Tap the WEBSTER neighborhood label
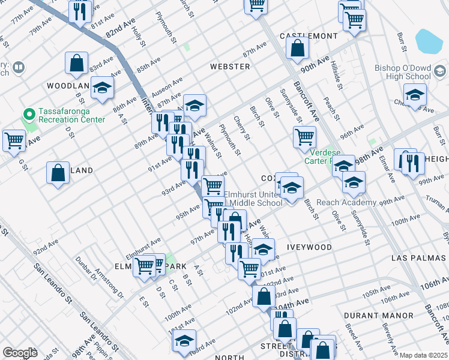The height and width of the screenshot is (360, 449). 230,67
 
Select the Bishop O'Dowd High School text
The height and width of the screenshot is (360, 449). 402,72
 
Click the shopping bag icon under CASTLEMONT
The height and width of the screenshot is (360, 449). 297,47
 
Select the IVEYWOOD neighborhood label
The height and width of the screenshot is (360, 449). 309,247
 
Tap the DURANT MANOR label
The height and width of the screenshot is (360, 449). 379,315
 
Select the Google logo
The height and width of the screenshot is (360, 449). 20,353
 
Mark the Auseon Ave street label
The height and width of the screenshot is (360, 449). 169,85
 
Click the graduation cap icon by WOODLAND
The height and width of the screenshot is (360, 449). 102,88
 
